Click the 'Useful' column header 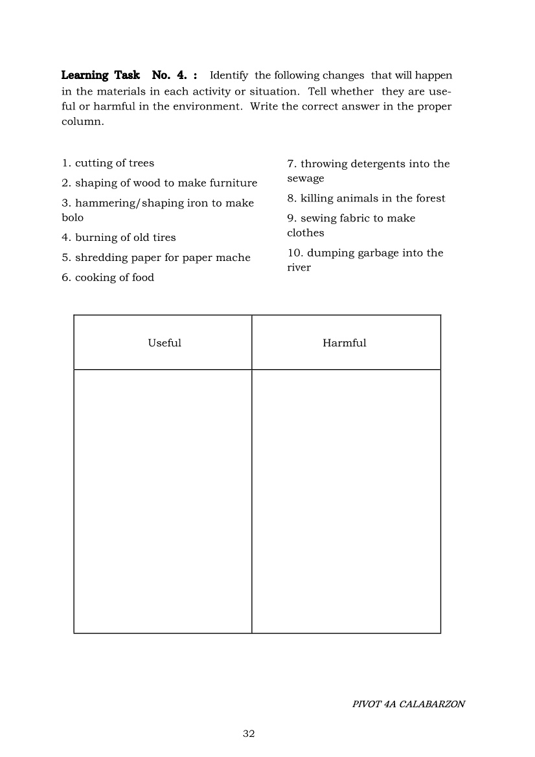click(165, 343)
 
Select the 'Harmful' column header click(345, 343)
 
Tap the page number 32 click(249, 734)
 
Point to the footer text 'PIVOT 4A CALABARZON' click(409, 704)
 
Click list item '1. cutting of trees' click(108, 163)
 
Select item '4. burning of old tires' click(119, 238)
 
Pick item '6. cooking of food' click(108, 278)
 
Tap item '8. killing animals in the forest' click(366, 198)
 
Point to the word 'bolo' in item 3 click(73, 218)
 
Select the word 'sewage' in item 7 click(306, 178)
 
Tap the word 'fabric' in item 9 click(356, 218)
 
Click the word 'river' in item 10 click(299, 267)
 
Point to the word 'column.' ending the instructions click(82, 121)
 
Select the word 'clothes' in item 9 click(306, 232)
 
